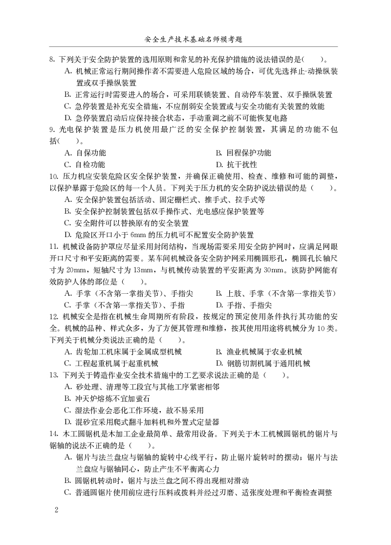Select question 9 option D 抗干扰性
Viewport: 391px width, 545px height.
click(236, 165)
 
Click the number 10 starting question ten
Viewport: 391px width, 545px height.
click(54, 176)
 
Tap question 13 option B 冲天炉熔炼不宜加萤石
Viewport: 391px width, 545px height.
click(107, 398)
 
